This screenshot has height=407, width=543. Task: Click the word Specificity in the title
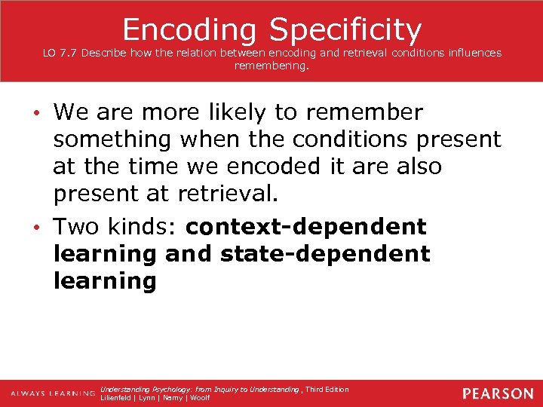tap(345, 29)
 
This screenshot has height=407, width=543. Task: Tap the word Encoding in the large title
tap(192, 29)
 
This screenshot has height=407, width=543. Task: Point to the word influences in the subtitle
tap(471, 53)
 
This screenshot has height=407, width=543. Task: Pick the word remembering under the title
tap(271, 66)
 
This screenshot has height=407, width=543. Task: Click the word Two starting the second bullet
tap(79, 226)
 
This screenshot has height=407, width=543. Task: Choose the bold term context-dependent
tap(306, 226)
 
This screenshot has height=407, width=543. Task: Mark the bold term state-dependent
tap(325, 254)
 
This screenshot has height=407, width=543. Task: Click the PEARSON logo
tap(498, 393)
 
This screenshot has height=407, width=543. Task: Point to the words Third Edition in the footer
tap(327, 389)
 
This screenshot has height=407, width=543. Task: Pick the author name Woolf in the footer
tap(199, 398)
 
